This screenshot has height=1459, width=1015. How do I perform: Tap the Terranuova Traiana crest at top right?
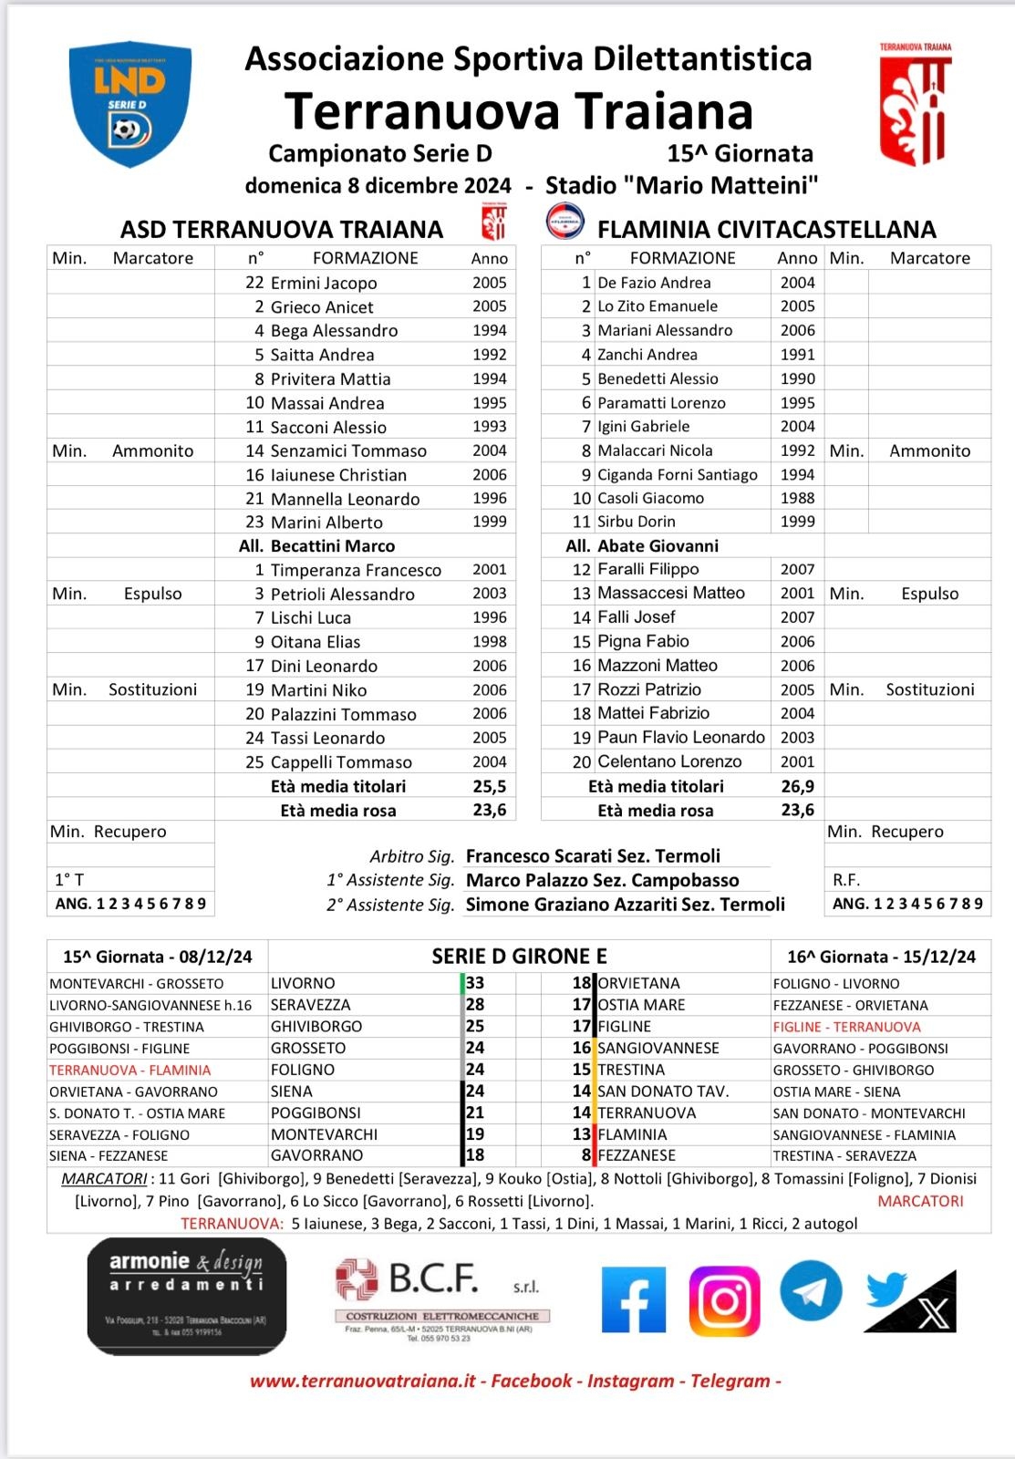[916, 104]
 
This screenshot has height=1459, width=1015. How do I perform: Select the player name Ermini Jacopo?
[324, 283]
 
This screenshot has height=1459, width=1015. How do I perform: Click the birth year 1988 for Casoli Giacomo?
[797, 498]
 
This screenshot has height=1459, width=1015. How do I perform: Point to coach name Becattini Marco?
[332, 546]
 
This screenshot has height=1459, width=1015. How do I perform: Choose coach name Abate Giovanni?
[658, 546]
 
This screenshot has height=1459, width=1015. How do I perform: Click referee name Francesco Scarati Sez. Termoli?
[593, 856]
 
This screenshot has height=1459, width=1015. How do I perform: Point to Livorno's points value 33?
[475, 983]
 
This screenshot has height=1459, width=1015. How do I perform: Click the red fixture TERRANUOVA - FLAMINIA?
[130, 1070]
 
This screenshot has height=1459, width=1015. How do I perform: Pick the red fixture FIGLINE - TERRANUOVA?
[846, 1027]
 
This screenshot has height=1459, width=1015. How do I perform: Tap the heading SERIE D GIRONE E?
[519, 957]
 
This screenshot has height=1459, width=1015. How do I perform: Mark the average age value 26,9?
[797, 786]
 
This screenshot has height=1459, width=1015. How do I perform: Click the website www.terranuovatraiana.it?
[363, 1381]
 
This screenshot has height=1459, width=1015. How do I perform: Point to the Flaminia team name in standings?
[632, 1134]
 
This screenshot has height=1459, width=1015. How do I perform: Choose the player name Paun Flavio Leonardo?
[681, 738]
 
